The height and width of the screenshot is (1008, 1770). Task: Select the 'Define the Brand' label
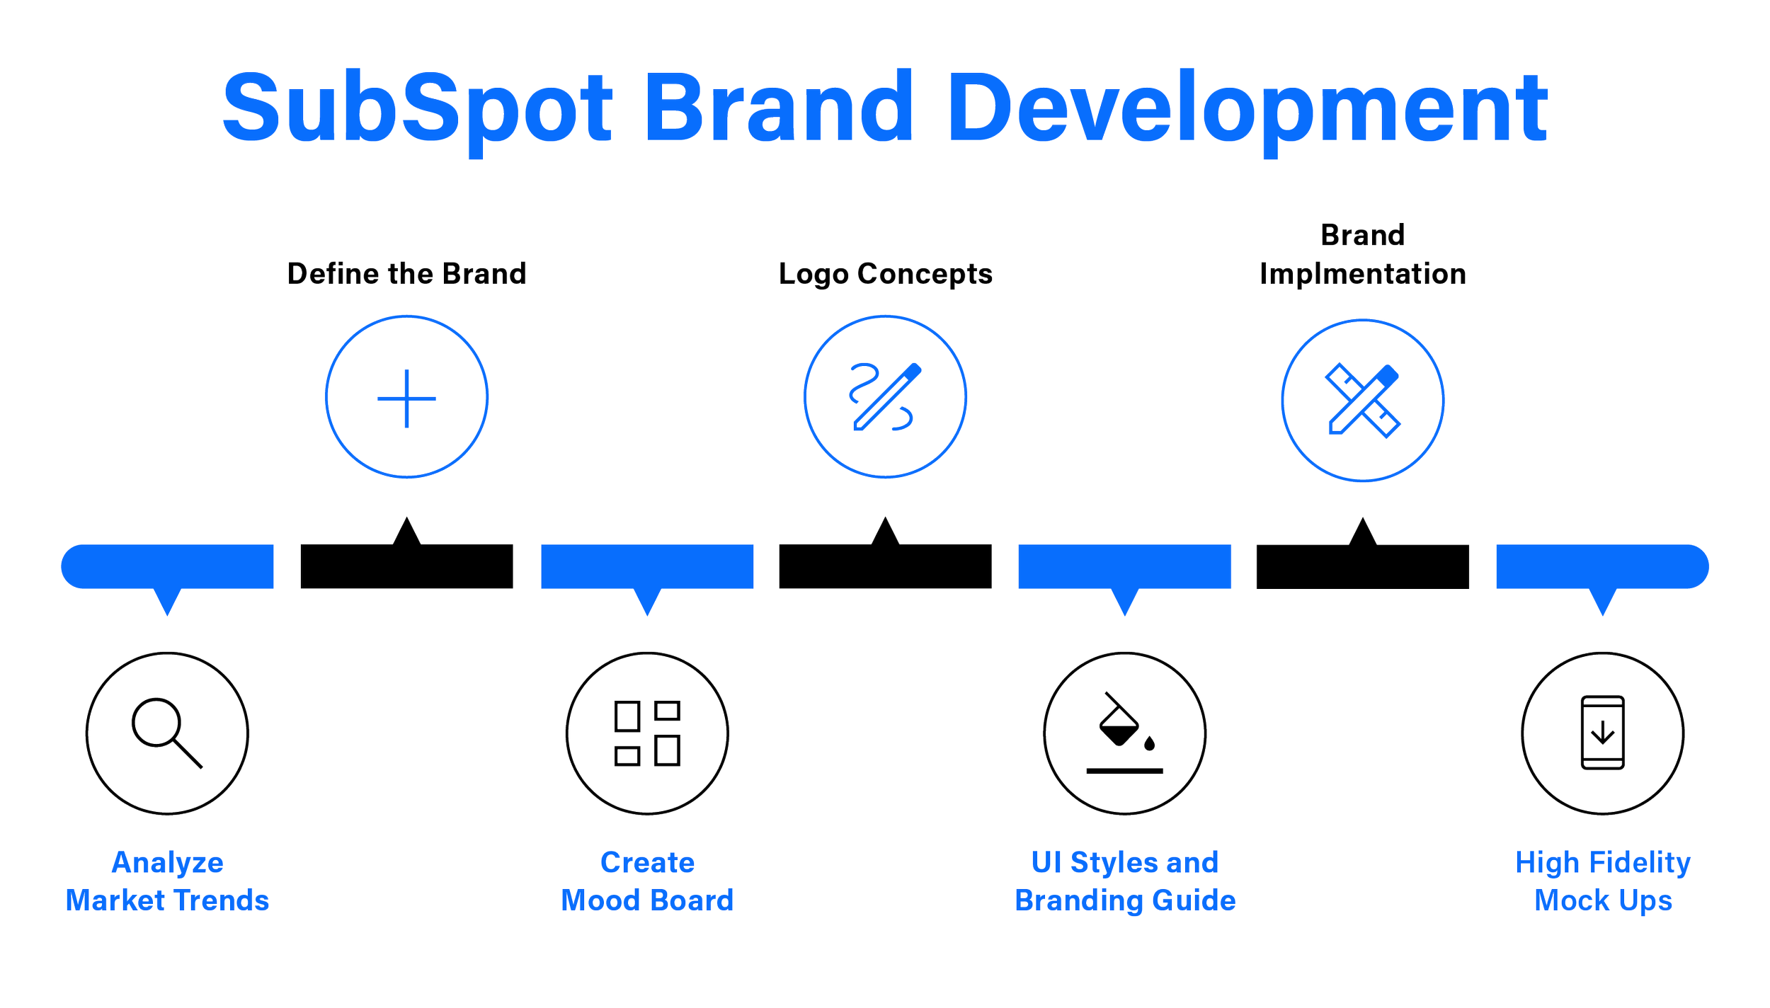coord(408,274)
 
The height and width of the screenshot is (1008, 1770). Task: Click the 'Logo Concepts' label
coord(885,274)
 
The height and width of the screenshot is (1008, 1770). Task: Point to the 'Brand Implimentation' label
coord(1362,256)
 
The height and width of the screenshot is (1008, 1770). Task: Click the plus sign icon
coord(406,398)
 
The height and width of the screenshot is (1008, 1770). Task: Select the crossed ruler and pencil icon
coord(1362,400)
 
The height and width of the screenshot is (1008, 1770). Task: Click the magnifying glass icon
coord(167,733)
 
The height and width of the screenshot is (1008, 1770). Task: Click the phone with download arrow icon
coord(1602,733)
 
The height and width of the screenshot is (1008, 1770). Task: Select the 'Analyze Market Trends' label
coord(167,881)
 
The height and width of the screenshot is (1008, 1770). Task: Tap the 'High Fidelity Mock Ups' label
coord(1602,881)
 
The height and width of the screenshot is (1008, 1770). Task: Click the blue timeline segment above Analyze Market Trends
coord(167,566)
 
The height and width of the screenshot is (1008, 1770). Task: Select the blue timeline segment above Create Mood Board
coord(646,566)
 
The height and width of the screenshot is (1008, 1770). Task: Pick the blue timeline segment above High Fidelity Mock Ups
coord(1602,566)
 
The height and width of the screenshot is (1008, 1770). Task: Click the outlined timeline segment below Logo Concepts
coord(885,566)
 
